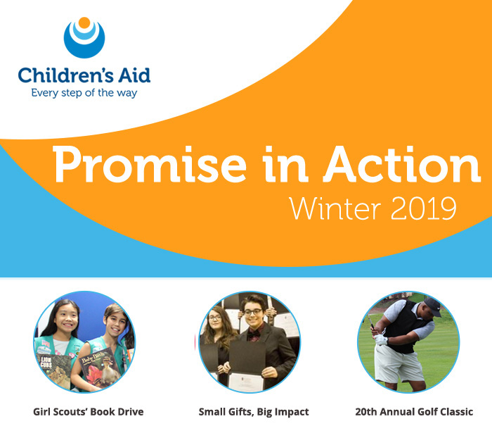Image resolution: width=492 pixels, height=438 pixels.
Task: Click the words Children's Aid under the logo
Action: tap(84, 75)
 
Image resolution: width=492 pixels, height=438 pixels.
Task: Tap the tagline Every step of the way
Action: tap(84, 92)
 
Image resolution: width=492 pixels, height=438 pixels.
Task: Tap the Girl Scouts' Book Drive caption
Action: tap(88, 411)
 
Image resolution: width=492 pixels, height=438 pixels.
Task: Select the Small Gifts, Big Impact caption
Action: tap(254, 411)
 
